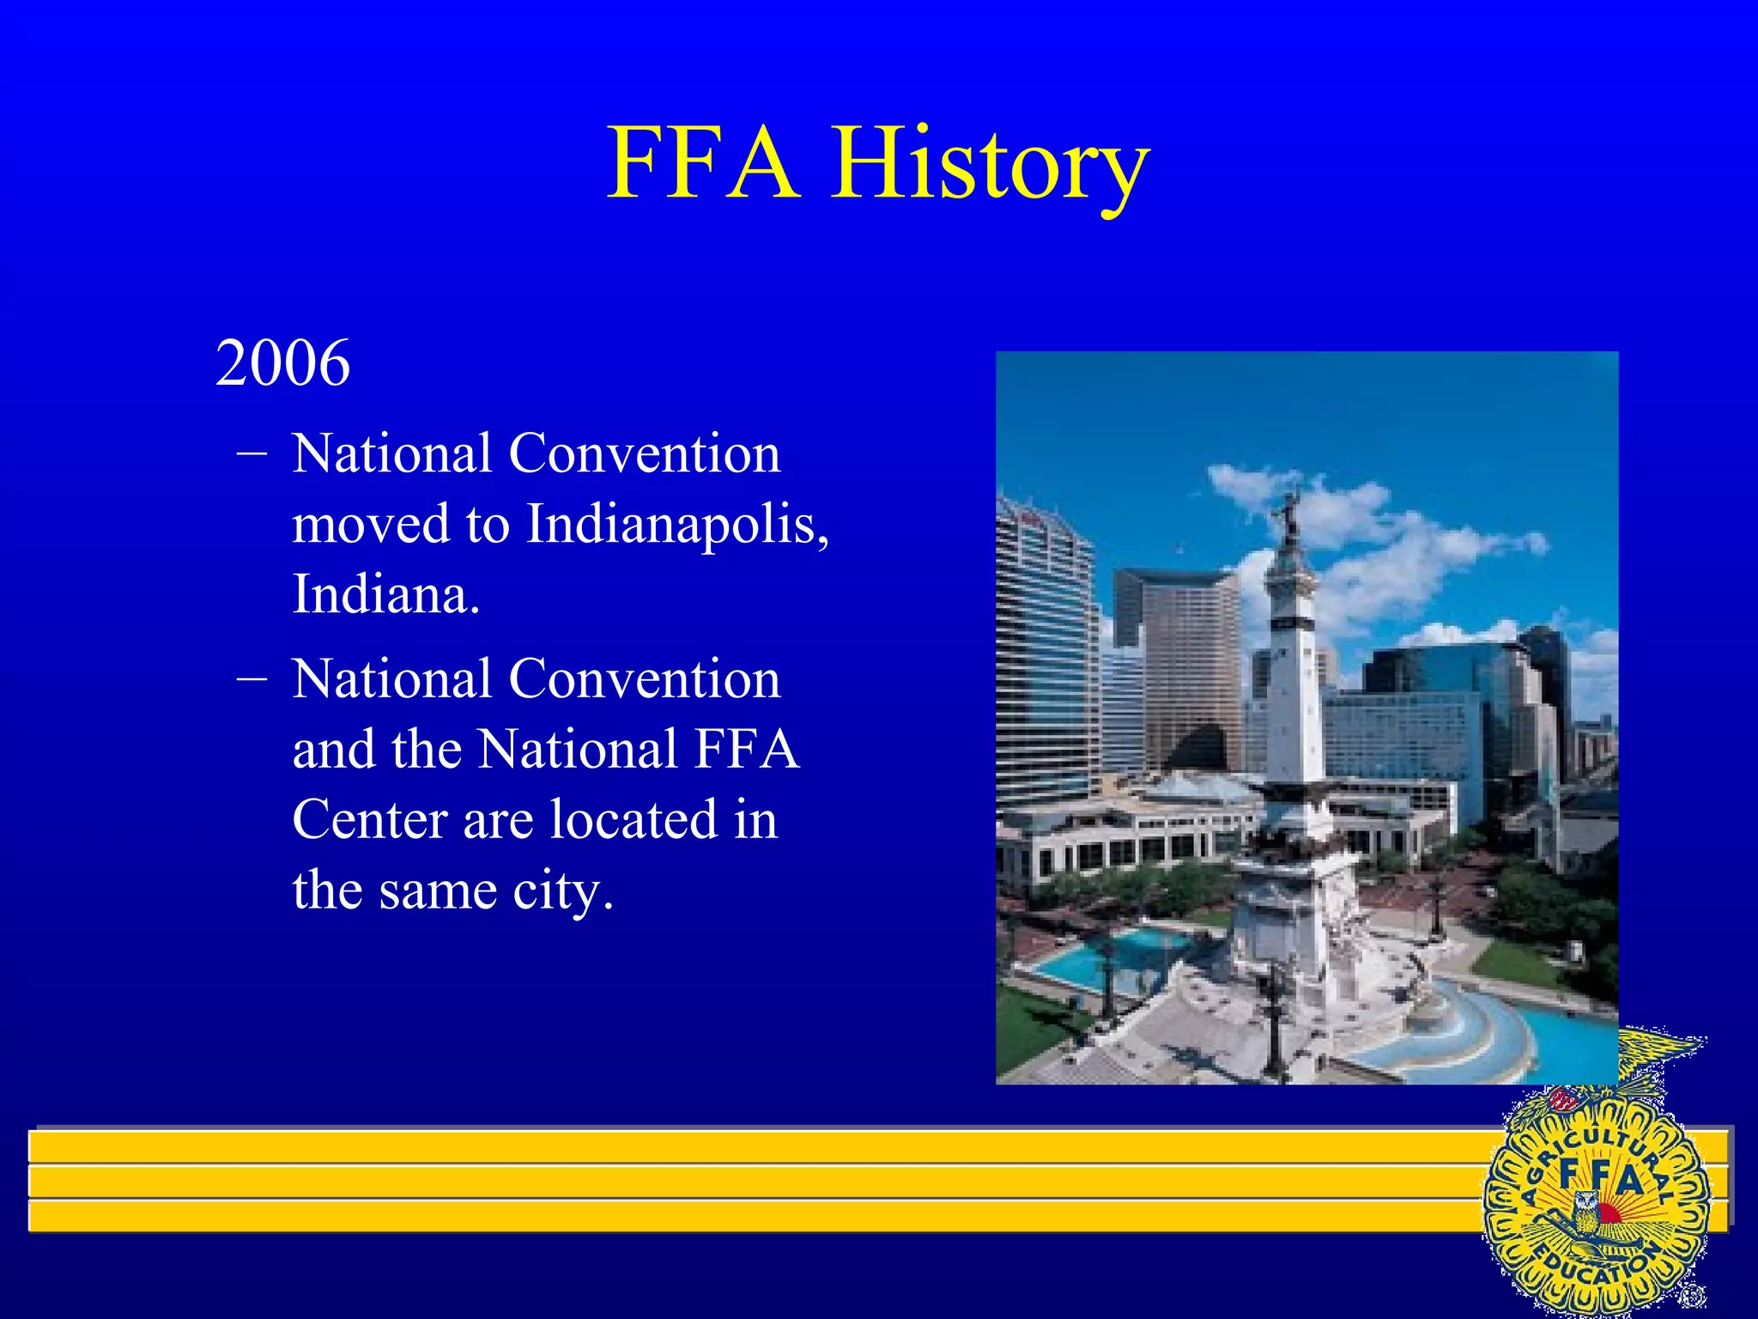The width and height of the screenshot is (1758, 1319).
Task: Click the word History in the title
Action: click(989, 163)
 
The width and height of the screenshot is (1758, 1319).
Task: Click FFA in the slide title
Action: click(702, 163)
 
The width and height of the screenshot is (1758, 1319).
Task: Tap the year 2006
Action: click(282, 363)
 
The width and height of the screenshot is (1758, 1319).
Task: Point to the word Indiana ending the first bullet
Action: click(385, 594)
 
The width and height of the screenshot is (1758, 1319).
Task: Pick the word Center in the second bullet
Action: click(370, 819)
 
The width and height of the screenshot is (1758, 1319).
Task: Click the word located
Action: click(633, 819)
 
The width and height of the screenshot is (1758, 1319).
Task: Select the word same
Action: click(438, 891)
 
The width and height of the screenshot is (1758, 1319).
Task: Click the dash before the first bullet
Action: click(251, 452)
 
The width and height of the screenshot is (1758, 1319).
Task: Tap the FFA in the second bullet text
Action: click(747, 749)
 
